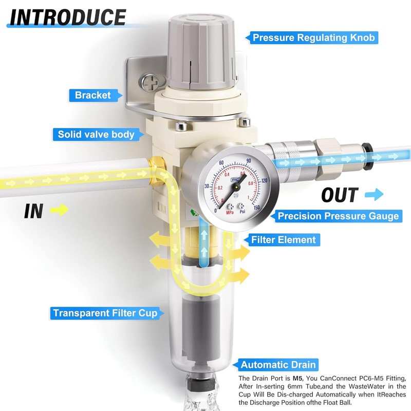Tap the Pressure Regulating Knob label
[x=315, y=38]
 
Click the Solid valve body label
[x=96, y=135]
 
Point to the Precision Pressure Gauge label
[x=338, y=216]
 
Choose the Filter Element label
[x=283, y=239]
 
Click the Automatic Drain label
[x=277, y=365]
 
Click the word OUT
[x=340, y=195]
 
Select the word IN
[x=33, y=211]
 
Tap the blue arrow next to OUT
[x=375, y=195]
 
